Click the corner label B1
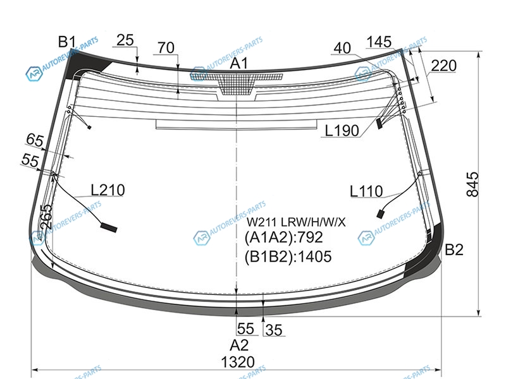(67, 42)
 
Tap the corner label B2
(454, 250)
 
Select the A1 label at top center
(239, 63)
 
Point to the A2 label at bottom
(239, 345)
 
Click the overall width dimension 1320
(238, 362)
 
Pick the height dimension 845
(472, 184)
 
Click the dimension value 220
(444, 66)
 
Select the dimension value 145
(379, 42)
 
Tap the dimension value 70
(166, 48)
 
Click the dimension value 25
(125, 40)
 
